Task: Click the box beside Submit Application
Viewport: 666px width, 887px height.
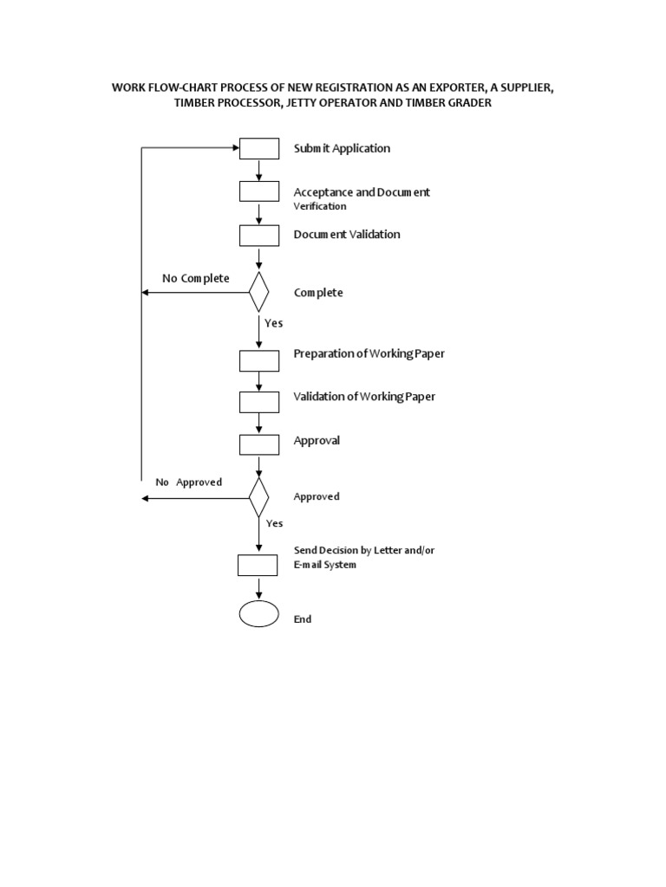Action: click(x=259, y=149)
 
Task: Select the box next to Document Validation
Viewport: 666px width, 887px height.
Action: click(x=259, y=235)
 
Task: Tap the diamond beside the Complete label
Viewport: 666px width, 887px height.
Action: click(x=259, y=293)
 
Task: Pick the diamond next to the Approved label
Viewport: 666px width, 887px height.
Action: click(x=259, y=497)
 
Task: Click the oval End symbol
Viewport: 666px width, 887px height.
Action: click(x=258, y=613)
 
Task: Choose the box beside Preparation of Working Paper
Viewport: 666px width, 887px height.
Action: click(x=259, y=359)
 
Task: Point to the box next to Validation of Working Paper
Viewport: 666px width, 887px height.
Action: click(x=259, y=402)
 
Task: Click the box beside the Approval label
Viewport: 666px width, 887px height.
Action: click(x=259, y=444)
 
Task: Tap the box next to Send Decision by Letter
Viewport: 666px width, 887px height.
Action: click(x=258, y=565)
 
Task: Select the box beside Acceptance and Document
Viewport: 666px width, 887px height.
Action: click(x=259, y=191)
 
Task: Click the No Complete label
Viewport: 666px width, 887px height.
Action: click(x=196, y=278)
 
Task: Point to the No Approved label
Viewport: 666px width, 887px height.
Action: click(x=189, y=482)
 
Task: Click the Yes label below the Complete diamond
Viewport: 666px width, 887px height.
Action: click(x=274, y=322)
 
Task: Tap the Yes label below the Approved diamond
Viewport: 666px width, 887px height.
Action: click(x=275, y=523)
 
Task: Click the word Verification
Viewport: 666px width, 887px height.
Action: click(x=320, y=206)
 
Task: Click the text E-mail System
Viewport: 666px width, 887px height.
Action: click(x=325, y=565)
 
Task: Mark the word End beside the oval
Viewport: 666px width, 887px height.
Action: click(x=303, y=619)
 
